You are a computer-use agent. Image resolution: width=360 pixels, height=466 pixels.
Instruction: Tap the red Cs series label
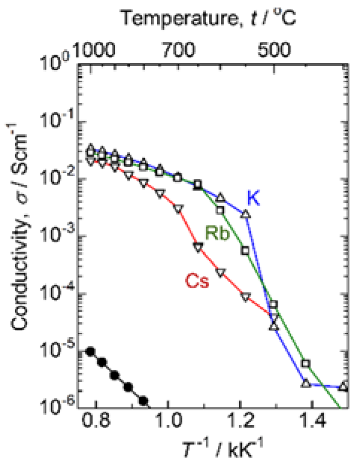coord(198,281)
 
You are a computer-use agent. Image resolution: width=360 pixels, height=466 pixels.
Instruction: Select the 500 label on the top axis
coord(274,50)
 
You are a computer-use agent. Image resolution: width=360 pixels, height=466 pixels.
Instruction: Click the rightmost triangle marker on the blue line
coord(344,386)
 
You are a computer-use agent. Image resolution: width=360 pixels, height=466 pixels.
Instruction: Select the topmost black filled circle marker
coord(90,351)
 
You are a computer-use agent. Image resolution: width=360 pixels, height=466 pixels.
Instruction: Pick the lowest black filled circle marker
coord(143,401)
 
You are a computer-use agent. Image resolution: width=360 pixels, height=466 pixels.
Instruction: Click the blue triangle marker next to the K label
coord(245,214)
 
